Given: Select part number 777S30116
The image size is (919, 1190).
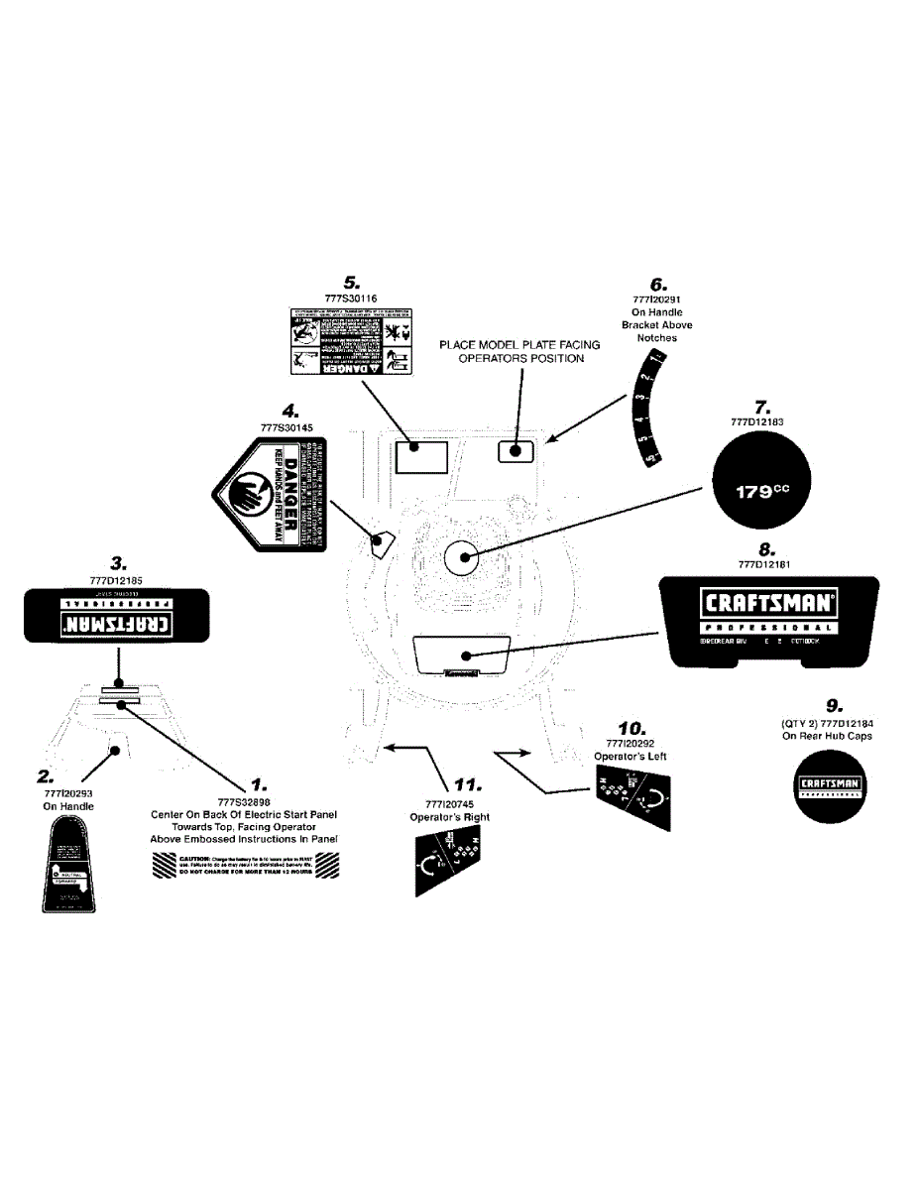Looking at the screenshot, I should click(x=350, y=297).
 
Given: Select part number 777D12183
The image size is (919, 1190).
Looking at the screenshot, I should click(x=756, y=421).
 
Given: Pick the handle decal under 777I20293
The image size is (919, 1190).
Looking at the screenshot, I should click(x=68, y=866).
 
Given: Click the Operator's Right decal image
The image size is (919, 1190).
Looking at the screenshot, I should click(x=451, y=859).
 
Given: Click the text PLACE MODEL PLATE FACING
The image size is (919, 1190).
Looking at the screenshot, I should click(x=520, y=344).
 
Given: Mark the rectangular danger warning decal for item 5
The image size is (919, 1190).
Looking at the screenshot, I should click(x=351, y=341).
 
